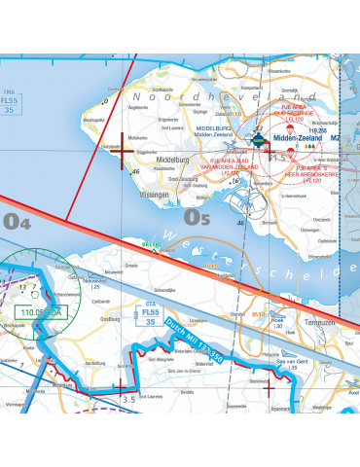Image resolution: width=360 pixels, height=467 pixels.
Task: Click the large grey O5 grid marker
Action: click(198, 218)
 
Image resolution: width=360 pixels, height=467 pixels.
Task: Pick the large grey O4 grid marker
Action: click(17, 223)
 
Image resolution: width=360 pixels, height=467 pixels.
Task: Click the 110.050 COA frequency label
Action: click(41, 313)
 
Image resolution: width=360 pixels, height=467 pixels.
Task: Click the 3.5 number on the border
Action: click(128, 399)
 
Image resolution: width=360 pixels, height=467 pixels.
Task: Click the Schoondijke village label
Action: click(160, 291)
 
